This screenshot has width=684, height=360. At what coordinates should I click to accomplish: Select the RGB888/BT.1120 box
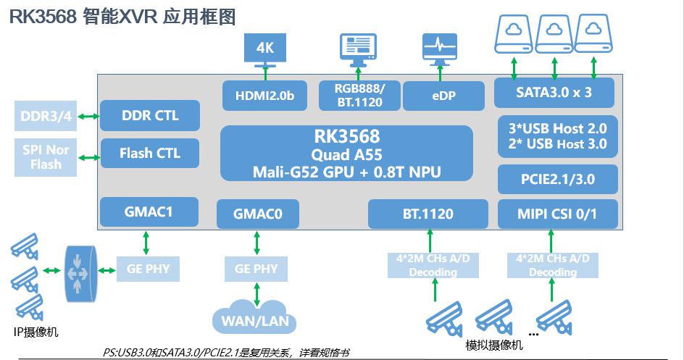pyautogui.click(x=359, y=96)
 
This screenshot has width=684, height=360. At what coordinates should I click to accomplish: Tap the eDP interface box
pyautogui.click(x=443, y=96)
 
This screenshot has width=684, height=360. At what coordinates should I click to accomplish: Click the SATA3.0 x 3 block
pyautogui.click(x=554, y=93)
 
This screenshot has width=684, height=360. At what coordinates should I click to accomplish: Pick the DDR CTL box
pyautogui.click(x=149, y=116)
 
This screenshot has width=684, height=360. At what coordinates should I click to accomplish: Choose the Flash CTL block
pyautogui.click(x=149, y=154)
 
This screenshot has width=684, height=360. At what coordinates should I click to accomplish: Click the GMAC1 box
pyautogui.click(x=149, y=212)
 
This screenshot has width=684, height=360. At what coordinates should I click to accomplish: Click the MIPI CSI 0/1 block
pyautogui.click(x=557, y=214)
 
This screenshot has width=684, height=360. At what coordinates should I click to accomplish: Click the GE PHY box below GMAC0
pyautogui.click(x=256, y=269)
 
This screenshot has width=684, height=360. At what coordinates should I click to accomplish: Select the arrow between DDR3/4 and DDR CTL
pyautogui.click(x=89, y=116)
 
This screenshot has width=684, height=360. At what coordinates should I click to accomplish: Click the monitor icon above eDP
pyautogui.click(x=440, y=49)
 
